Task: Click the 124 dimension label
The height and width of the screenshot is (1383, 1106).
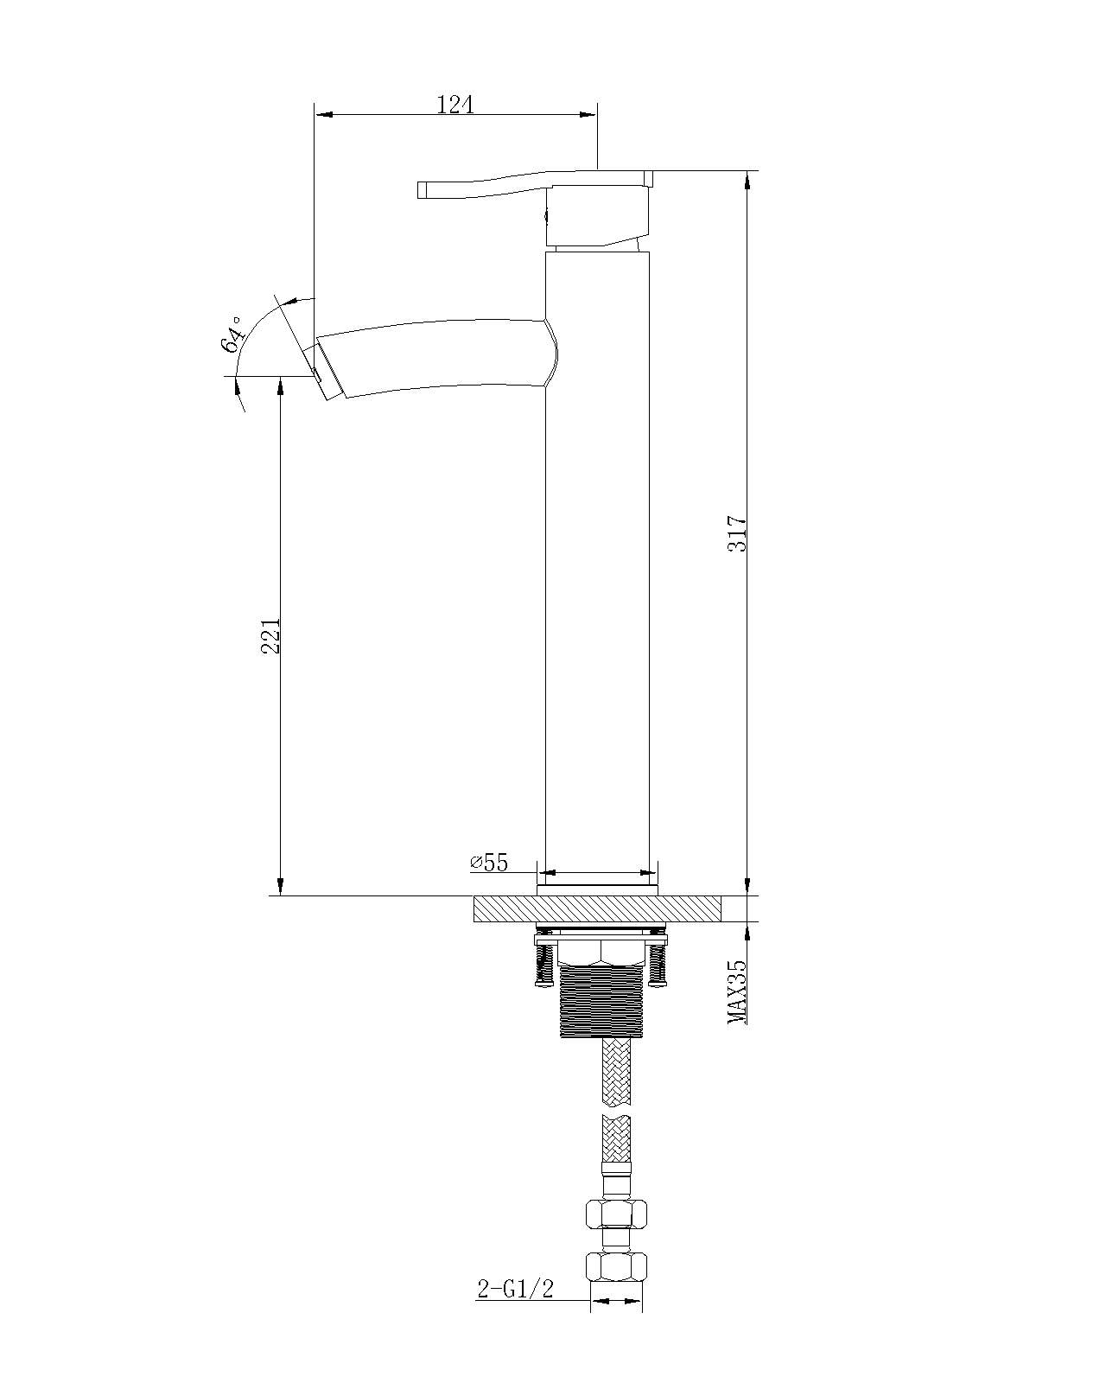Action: pyautogui.click(x=455, y=104)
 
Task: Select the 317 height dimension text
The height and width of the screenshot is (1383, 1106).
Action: pyautogui.click(x=736, y=532)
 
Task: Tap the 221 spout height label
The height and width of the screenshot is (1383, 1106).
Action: pyautogui.click(x=270, y=635)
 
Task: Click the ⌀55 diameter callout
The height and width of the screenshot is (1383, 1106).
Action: pyautogui.click(x=489, y=863)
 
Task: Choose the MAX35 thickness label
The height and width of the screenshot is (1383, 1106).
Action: pyautogui.click(x=736, y=992)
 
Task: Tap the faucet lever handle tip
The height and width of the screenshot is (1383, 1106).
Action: pyautogui.click(x=423, y=190)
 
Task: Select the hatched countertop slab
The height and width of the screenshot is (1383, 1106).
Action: pyautogui.click(x=597, y=908)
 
